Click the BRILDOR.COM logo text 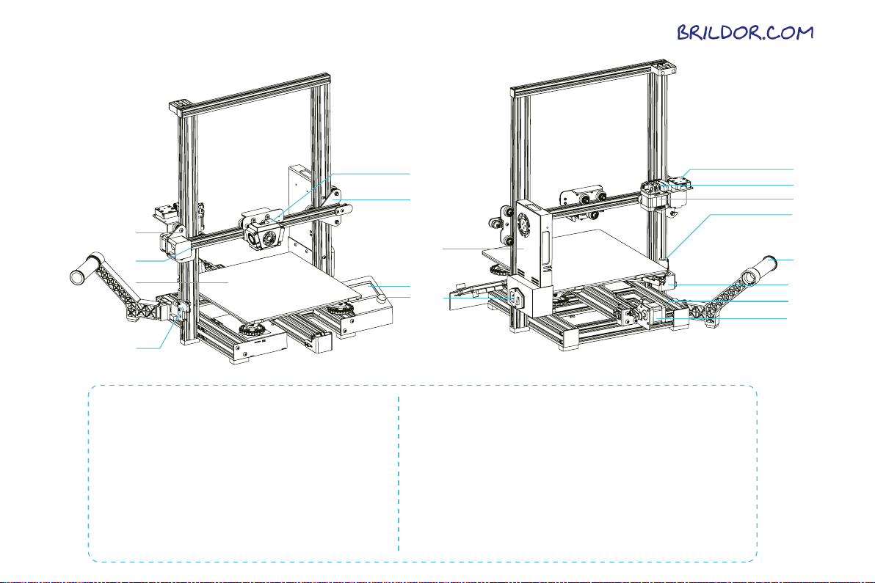click(744, 33)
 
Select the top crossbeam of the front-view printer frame click(250, 91)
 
